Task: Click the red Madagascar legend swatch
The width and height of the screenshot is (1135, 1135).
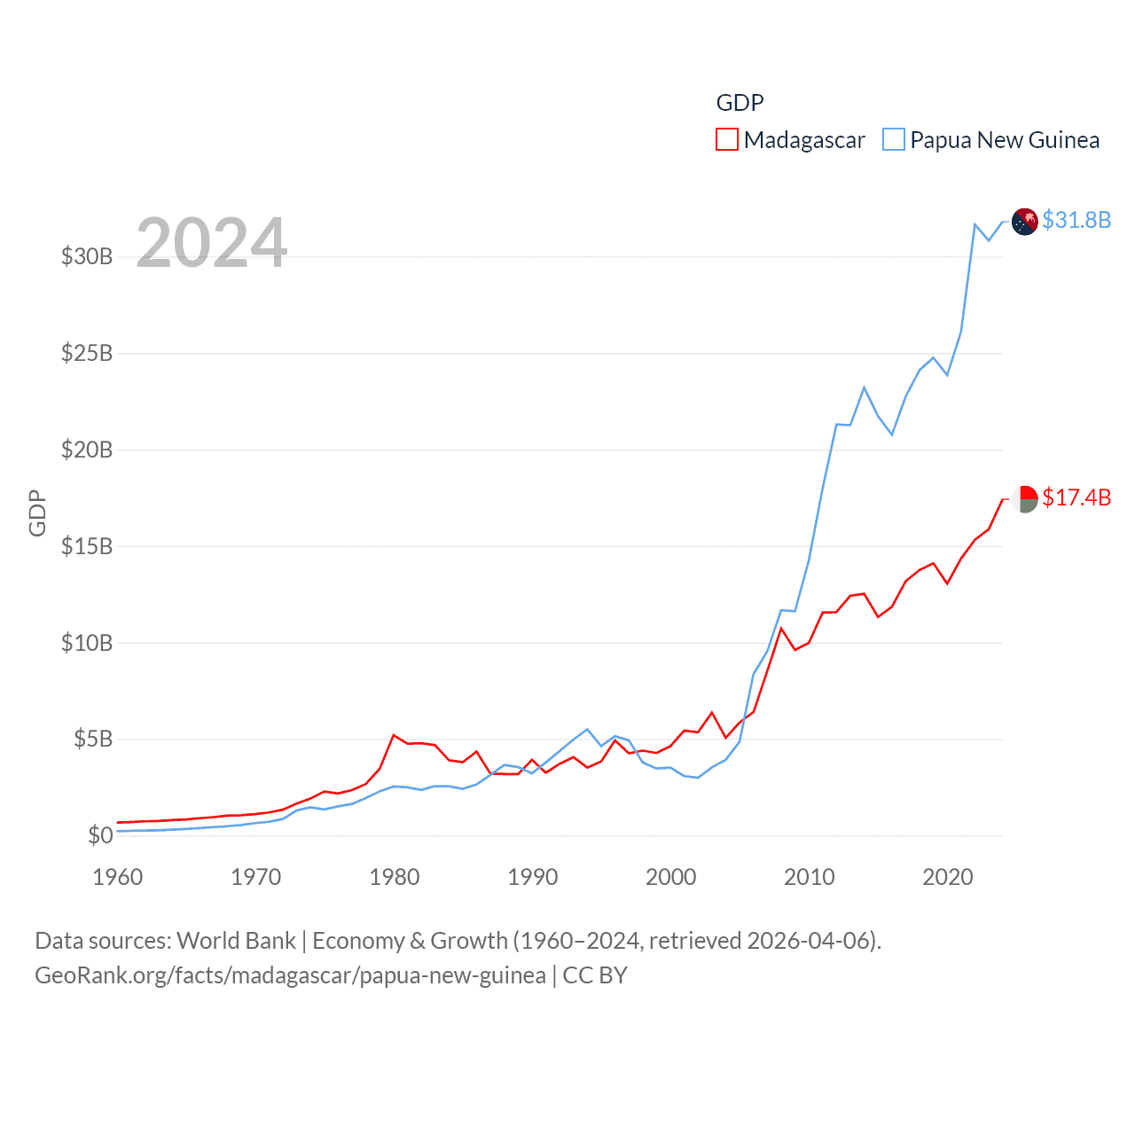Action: click(727, 140)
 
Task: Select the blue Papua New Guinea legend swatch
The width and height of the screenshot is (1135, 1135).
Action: click(894, 140)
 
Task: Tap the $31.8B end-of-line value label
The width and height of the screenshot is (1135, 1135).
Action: click(1076, 220)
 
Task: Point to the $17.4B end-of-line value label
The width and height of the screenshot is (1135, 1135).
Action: click(1076, 497)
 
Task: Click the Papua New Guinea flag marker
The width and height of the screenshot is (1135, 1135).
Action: click(1025, 222)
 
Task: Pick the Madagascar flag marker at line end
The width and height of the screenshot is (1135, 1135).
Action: click(1025, 499)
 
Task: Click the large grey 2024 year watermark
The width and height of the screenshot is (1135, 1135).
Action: click(212, 243)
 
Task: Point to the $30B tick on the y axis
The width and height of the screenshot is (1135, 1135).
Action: click(87, 257)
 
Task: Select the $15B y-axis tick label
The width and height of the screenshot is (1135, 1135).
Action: click(87, 546)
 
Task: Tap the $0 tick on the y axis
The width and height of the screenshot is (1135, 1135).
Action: click(100, 835)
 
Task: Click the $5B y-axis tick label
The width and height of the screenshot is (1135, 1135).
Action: click(93, 739)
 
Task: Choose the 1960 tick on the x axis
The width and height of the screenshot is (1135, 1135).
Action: click(118, 878)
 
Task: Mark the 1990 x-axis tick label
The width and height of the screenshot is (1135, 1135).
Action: click(533, 878)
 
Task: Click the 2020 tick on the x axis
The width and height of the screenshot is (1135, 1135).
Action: click(948, 878)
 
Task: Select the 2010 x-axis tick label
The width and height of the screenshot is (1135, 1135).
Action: click(810, 878)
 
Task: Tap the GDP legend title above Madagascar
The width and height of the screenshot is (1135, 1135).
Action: click(740, 103)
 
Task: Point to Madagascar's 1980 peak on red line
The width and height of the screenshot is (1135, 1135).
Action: click(394, 735)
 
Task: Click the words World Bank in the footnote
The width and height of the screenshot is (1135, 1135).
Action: click(236, 940)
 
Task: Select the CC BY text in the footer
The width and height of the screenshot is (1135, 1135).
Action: click(595, 975)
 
